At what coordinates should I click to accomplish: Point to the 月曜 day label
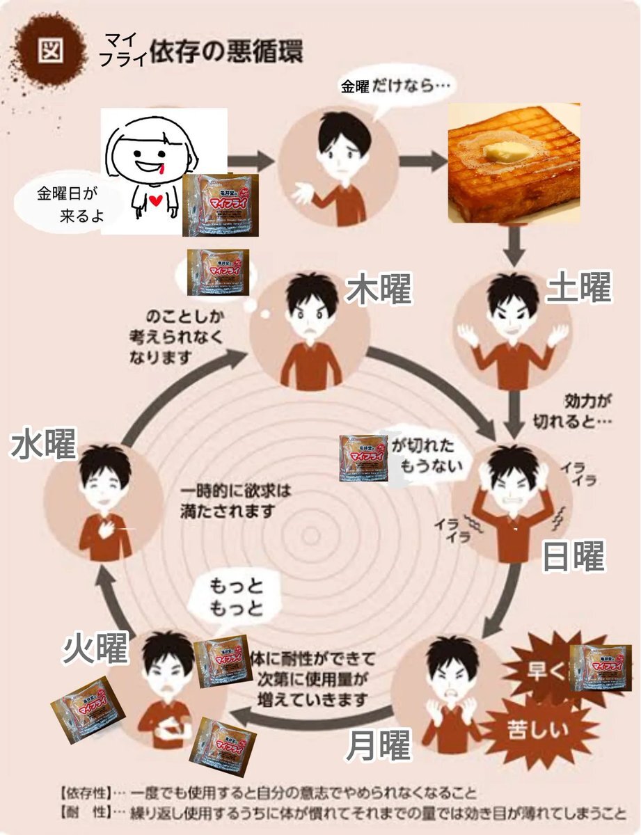tap(378, 747)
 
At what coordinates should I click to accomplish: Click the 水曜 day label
tap(43, 444)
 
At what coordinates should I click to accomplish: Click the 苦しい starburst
tap(546, 731)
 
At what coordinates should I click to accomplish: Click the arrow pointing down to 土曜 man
tap(514, 246)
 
